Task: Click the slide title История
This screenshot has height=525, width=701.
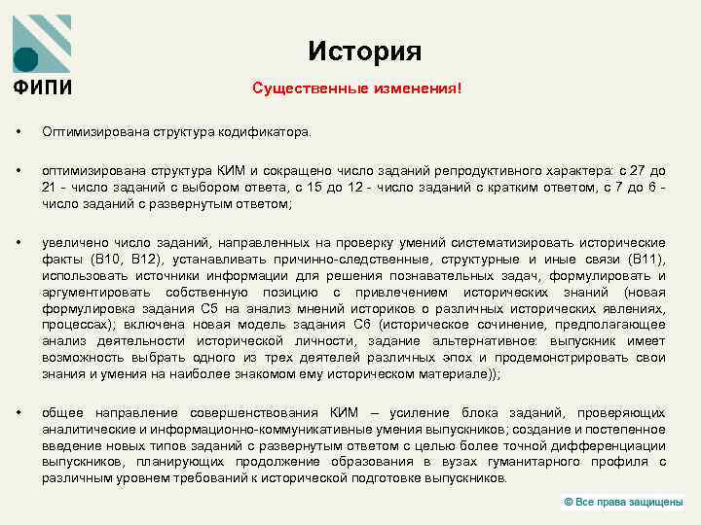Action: pyautogui.click(x=364, y=51)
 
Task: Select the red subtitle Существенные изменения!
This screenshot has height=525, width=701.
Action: pyautogui.click(x=356, y=88)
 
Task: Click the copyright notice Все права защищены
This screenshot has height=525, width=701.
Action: pyautogui.click(x=630, y=501)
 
